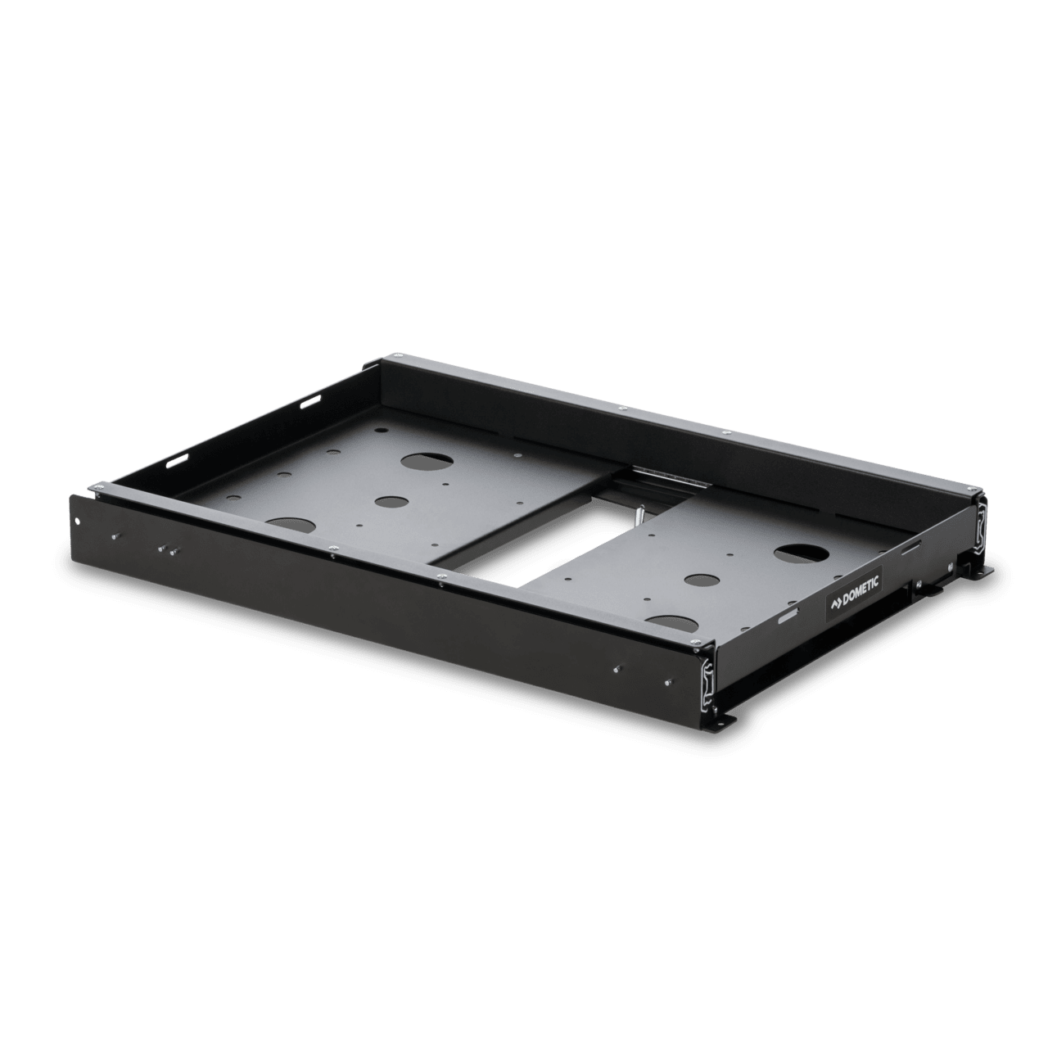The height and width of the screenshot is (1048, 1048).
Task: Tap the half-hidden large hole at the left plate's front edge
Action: click(x=292, y=525)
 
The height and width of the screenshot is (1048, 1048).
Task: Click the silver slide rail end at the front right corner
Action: click(x=706, y=678)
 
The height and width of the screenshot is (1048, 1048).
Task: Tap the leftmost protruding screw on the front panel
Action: click(x=112, y=537)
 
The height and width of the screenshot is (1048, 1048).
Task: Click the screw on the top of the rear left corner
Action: click(x=395, y=356)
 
